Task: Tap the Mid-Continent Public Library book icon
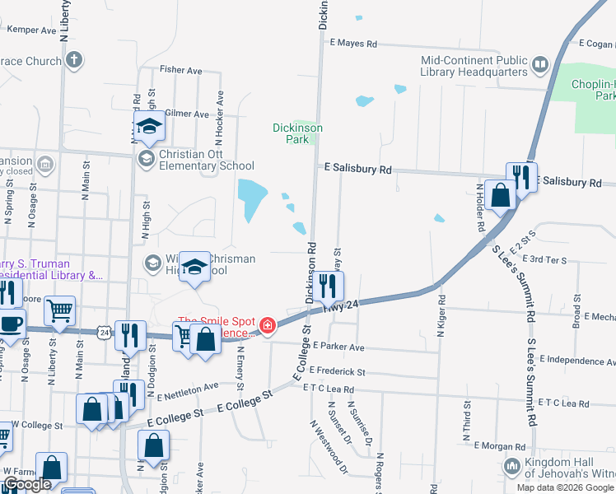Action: (x=540, y=64)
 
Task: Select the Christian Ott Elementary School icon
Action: (x=147, y=158)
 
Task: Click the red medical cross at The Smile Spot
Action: (x=266, y=327)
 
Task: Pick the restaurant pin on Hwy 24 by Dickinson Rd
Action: (x=328, y=286)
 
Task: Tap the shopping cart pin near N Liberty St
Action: (x=59, y=310)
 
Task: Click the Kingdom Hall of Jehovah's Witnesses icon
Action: (x=512, y=466)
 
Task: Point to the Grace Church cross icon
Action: (x=74, y=60)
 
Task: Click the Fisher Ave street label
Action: (x=181, y=71)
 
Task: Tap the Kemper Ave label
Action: (x=31, y=30)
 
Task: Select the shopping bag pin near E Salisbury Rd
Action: (x=500, y=195)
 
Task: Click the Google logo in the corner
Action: (x=27, y=484)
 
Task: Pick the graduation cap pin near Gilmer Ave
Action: (x=149, y=126)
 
